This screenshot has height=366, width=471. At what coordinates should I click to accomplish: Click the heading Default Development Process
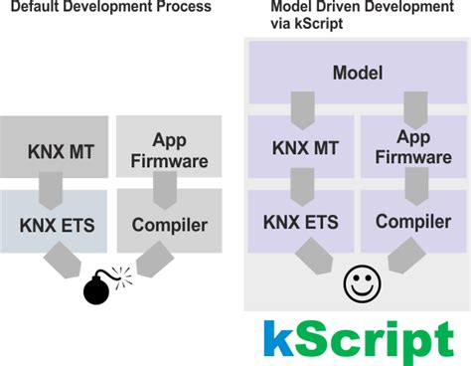[108, 8]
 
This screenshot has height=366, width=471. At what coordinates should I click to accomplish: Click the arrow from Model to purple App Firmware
[413, 107]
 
